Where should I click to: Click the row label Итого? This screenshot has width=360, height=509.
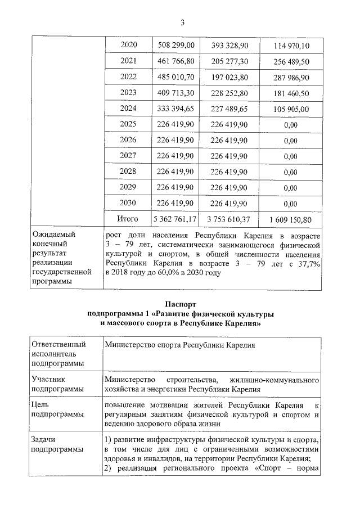pyautogui.click(x=128, y=218)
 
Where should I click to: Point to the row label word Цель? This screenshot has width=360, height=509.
pyautogui.click(x=42, y=405)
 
